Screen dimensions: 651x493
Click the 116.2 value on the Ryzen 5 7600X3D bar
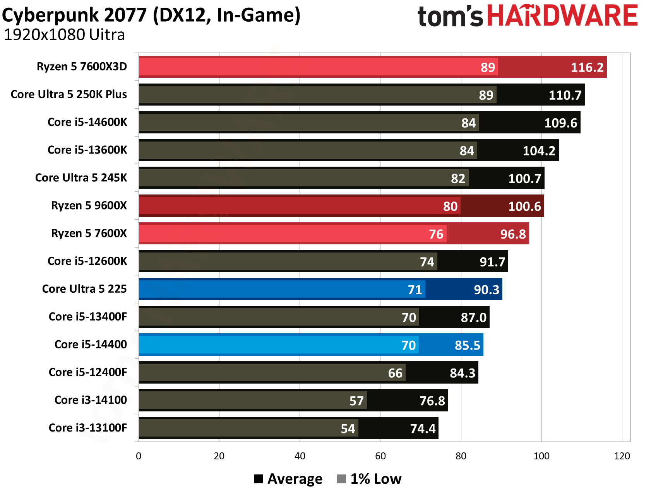(587, 67)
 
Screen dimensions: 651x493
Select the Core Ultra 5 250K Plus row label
(69, 94)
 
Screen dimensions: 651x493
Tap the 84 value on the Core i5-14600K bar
(468, 123)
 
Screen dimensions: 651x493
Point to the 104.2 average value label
(539, 151)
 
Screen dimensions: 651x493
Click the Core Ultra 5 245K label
(81, 178)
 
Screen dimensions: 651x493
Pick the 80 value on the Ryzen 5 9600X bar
(450, 206)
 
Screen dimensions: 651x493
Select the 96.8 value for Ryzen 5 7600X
(513, 234)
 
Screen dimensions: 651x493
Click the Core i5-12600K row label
(87, 261)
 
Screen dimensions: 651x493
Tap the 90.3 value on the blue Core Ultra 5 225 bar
(487, 290)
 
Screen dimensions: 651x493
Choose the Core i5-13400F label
(88, 317)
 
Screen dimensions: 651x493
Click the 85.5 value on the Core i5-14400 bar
(467, 346)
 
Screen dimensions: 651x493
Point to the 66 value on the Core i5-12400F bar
(395, 374)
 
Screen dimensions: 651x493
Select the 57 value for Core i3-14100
(356, 401)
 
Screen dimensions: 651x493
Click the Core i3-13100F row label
(88, 428)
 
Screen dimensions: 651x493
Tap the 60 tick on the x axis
(380, 456)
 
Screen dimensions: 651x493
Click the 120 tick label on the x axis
(622, 456)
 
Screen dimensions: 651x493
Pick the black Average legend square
(259, 479)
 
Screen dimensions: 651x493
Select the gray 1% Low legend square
(341, 479)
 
